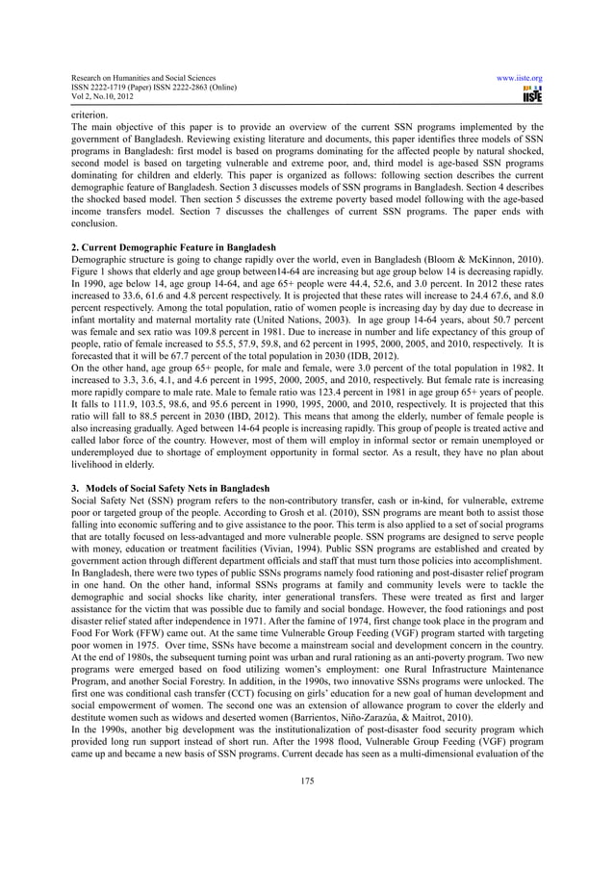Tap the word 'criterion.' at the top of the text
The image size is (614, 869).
[x=90, y=115]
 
